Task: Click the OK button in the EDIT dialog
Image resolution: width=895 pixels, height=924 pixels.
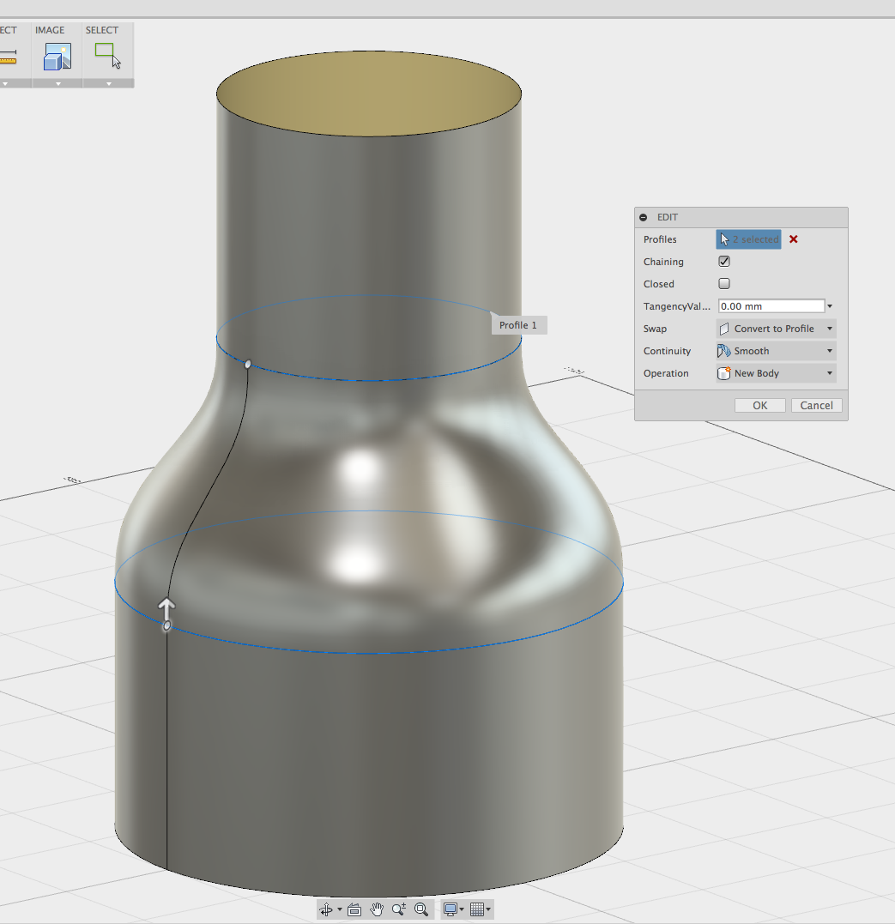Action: click(x=759, y=406)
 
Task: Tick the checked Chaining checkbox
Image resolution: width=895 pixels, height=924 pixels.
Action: click(x=724, y=262)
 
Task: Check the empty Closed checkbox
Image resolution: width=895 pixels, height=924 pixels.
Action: click(x=724, y=284)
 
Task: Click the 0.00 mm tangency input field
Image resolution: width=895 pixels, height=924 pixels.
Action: click(x=771, y=306)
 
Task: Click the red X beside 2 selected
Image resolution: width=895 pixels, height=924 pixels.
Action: click(x=794, y=239)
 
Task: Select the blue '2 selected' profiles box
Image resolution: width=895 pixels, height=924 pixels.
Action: click(x=748, y=239)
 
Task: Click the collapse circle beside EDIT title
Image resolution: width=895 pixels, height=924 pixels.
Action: click(x=644, y=218)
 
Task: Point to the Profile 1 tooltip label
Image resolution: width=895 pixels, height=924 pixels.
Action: click(x=518, y=325)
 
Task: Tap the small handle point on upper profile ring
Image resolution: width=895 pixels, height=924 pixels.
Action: click(x=248, y=365)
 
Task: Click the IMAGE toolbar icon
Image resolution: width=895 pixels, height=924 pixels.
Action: click(x=57, y=57)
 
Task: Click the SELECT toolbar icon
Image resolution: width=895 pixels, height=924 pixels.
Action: click(x=107, y=57)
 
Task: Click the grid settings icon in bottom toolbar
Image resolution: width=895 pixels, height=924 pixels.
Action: click(x=478, y=909)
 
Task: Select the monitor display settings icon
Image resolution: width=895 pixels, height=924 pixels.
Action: click(x=450, y=909)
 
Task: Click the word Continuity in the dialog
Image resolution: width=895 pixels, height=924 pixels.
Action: click(x=667, y=351)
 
